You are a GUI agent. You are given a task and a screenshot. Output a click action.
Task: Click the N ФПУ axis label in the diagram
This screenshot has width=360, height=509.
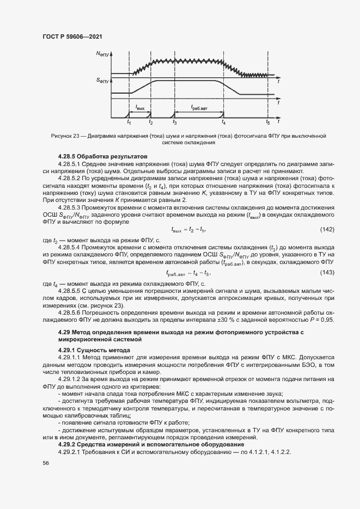click(103, 54)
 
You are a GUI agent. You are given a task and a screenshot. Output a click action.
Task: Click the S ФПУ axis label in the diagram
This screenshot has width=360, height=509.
click(103, 81)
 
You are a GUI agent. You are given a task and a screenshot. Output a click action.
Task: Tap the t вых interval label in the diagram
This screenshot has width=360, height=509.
click(140, 108)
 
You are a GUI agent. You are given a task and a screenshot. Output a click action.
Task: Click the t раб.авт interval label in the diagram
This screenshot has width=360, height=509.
click(199, 108)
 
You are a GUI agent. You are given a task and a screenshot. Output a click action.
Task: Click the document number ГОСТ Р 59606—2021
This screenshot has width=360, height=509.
click(72, 36)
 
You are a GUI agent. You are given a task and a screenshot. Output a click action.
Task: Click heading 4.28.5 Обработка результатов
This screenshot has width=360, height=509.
click(95, 156)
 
